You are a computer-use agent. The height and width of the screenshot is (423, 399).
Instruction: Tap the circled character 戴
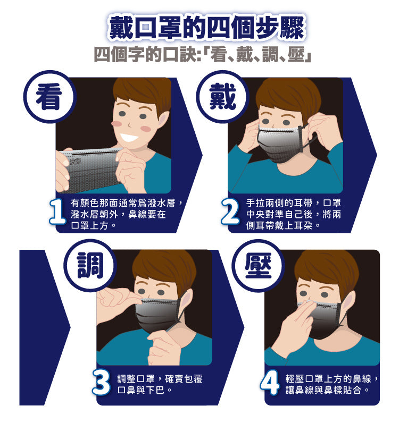[x=222, y=96]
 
